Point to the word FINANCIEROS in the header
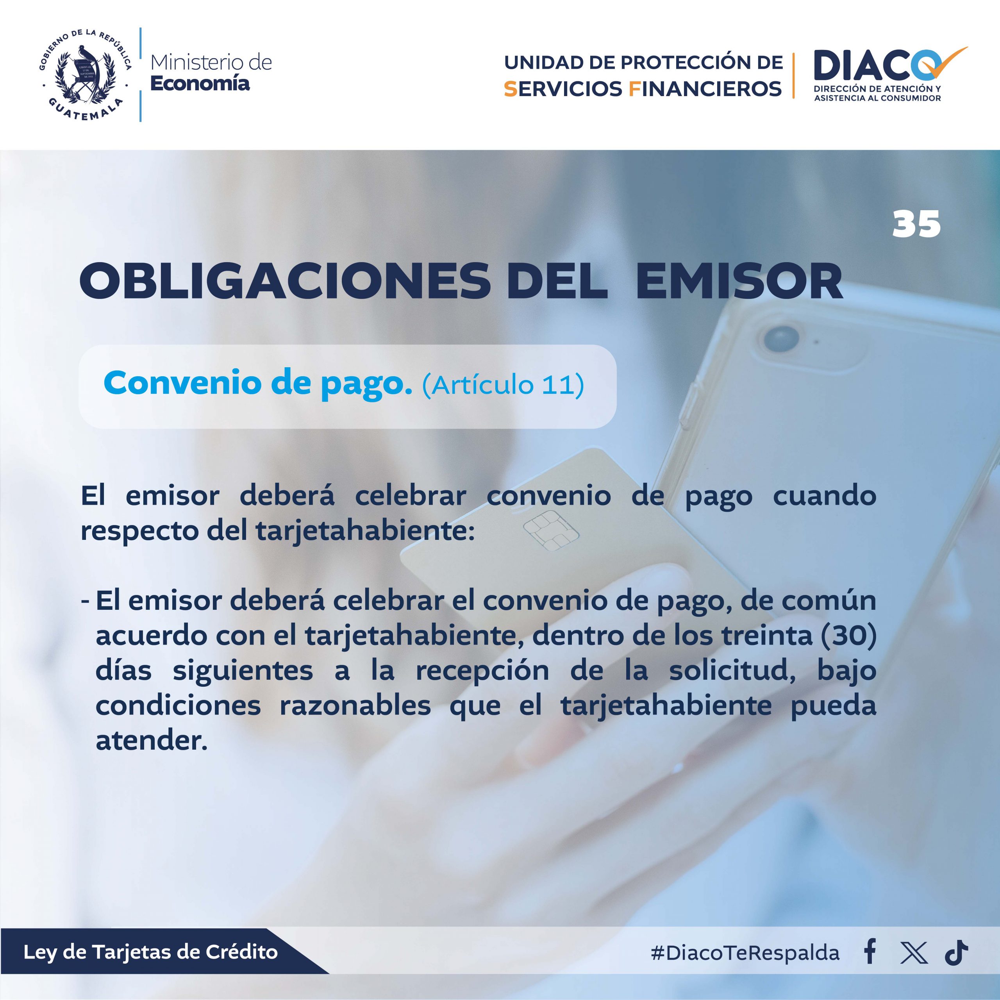pos(705,89)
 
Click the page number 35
pos(916,224)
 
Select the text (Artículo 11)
pos(503,385)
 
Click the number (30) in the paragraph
pos(848,636)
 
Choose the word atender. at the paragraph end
pos(152,741)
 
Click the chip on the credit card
pos(551,530)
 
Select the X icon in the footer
pos(914,952)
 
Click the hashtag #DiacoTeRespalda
pos(745,952)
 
